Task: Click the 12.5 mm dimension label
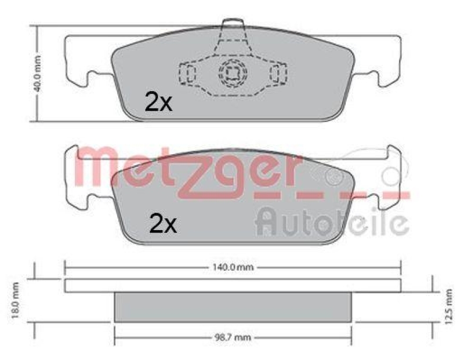pyautogui.click(x=447, y=300)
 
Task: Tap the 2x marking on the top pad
pyautogui.click(x=158, y=103)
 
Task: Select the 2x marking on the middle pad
pyautogui.click(x=163, y=223)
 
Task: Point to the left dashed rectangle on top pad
pyautogui.click(x=188, y=73)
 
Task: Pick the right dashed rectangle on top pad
pyautogui.click(x=278, y=73)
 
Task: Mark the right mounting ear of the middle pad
pyautogui.click(x=387, y=177)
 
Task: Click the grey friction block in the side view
pyautogui.click(x=233, y=307)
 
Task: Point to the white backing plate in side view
pyautogui.click(x=233, y=285)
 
